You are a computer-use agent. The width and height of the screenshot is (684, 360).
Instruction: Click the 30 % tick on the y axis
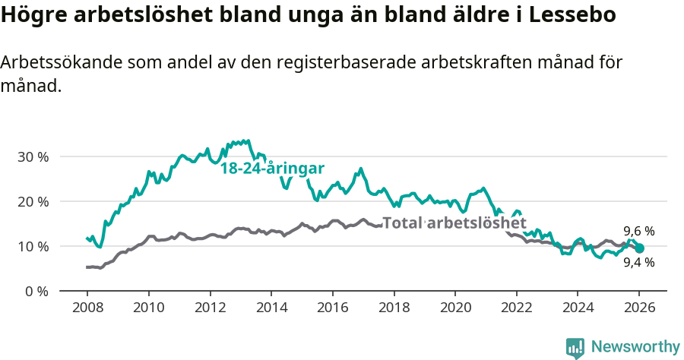33,156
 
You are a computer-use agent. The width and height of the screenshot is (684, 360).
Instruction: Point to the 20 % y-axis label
33,201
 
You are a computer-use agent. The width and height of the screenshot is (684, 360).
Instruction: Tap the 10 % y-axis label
33,246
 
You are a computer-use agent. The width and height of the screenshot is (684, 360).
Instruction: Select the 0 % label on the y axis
36,291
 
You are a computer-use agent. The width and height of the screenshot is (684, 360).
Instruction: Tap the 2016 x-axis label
332,309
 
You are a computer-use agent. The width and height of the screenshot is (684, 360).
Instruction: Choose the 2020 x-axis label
454,309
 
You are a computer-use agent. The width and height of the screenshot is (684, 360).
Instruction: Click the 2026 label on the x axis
639,309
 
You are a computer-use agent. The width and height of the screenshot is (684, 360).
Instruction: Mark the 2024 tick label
578,309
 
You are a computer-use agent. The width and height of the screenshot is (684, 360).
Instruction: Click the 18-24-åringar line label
273,169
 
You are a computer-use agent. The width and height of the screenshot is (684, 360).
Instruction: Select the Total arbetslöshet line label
454,223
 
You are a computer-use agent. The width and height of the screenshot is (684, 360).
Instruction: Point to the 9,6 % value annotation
639,231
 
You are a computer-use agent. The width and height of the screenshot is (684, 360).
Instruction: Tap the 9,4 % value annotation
639,263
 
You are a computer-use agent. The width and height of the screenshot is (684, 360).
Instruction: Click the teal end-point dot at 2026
639,248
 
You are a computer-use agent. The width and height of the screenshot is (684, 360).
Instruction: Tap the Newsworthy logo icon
575,347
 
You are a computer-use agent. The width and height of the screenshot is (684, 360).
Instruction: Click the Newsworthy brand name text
635,347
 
